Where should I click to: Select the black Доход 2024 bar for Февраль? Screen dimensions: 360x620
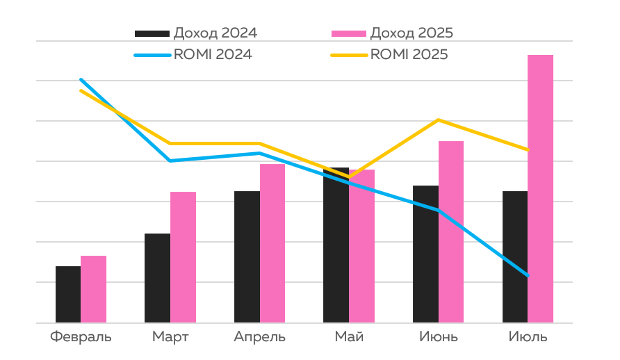point(68,295)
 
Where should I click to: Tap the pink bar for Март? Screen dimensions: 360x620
point(183,257)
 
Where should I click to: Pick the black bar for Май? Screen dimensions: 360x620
point(336,245)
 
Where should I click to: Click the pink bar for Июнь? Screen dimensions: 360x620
point(451,232)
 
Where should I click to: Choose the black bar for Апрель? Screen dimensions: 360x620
point(247,257)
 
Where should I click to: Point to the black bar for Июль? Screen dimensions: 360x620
point(515,257)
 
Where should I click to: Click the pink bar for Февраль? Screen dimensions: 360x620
point(94,289)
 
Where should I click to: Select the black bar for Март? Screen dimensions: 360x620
point(157,278)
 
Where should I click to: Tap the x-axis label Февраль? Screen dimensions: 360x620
point(81,338)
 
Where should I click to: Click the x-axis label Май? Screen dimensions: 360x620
point(349,338)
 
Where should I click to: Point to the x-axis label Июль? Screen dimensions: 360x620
point(528,338)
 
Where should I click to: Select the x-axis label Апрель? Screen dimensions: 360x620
point(260,338)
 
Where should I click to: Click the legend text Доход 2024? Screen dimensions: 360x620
point(215,33)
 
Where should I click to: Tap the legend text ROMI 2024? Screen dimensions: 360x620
point(213,54)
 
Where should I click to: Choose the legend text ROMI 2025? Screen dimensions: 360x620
point(409,54)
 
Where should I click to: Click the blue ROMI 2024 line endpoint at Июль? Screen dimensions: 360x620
point(528,276)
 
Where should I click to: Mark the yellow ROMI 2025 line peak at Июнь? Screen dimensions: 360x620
point(439,120)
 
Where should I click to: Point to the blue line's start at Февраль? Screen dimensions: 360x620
point(81,80)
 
